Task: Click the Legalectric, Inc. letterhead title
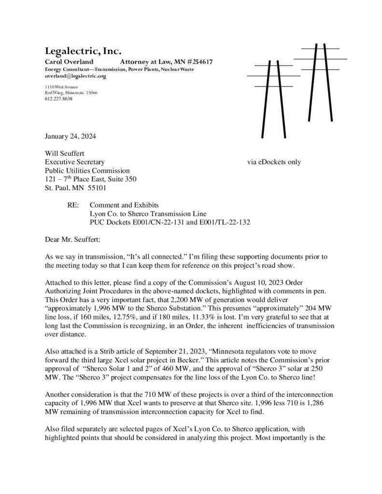click(x=83, y=51)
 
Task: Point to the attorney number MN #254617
click(x=195, y=62)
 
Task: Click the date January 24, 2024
click(x=70, y=136)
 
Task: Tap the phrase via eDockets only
click(x=274, y=162)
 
